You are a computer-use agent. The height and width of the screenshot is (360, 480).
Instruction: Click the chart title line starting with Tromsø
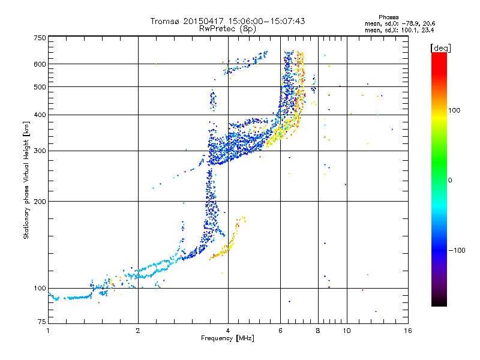click(227, 21)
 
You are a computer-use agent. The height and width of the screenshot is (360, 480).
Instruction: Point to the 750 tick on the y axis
click(40, 38)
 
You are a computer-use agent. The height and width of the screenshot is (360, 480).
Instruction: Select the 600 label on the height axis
click(40, 64)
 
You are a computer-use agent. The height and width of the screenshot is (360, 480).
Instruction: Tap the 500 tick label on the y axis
click(40, 87)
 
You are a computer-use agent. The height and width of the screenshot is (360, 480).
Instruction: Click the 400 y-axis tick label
click(40, 115)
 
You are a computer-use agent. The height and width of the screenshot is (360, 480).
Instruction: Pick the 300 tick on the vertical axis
click(40, 151)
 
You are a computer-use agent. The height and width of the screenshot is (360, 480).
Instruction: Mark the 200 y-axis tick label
click(40, 202)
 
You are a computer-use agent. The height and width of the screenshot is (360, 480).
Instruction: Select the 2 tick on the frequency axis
click(138, 331)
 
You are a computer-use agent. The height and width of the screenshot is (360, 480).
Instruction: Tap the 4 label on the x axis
click(228, 331)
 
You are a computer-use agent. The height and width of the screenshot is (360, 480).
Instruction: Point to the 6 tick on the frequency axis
click(280, 331)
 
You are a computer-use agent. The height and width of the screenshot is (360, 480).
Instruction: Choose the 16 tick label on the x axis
click(407, 331)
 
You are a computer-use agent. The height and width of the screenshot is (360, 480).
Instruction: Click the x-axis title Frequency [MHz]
click(227, 339)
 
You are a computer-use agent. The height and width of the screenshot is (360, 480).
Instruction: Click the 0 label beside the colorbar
click(451, 180)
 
